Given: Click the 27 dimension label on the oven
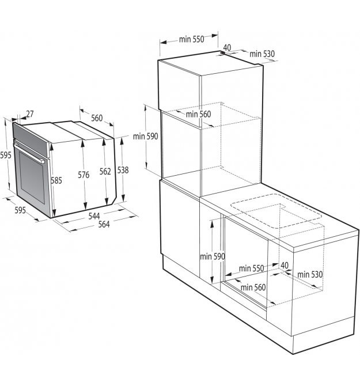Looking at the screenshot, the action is (x=30, y=114).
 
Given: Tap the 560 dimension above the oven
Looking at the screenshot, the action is (x=97, y=118).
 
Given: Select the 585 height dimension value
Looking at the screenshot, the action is (x=56, y=180).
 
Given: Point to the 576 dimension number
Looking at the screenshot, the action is (x=84, y=175).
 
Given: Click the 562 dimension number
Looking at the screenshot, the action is (x=105, y=171).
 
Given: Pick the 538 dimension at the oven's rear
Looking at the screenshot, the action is (x=123, y=170).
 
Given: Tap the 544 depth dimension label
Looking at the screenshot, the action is (x=94, y=216).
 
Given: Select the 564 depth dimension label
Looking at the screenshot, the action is (x=104, y=224).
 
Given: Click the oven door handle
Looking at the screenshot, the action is (x=29, y=153).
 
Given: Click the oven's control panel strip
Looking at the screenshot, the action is (x=31, y=139).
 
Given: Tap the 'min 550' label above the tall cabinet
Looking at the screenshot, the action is (x=192, y=39).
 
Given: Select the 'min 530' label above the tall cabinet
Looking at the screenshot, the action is (x=262, y=54).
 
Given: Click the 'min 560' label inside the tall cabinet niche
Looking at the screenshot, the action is (x=198, y=114).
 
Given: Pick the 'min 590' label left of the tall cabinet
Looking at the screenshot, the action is (x=145, y=137).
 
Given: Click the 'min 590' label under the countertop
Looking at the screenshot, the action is (x=213, y=256).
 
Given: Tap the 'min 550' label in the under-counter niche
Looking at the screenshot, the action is (x=251, y=268).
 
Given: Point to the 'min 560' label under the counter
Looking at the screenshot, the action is (x=253, y=287).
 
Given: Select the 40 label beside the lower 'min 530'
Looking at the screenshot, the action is (x=285, y=266).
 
